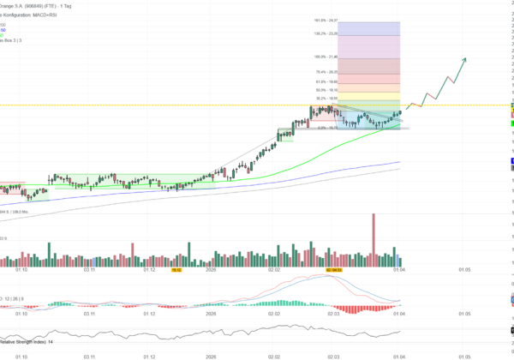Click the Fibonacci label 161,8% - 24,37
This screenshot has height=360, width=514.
[327, 21]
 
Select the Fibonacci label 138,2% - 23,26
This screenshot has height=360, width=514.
[327, 34]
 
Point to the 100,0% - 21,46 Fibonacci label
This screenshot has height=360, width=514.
[327, 57]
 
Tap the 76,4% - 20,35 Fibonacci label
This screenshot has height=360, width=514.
[327, 72]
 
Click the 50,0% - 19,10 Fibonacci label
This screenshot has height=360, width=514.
[327, 89]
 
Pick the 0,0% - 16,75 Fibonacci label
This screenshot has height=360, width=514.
[326, 128]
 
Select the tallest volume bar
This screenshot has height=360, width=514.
[374, 235]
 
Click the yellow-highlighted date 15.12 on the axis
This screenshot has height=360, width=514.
[176, 269]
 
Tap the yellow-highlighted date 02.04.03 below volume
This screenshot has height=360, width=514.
[335, 269]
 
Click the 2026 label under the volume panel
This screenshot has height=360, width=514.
[211, 269]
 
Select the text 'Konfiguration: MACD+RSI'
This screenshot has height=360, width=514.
[39, 15]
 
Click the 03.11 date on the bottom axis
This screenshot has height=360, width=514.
[88, 355]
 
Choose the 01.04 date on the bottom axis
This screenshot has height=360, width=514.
[398, 355]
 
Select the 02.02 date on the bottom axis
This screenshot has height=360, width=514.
[273, 355]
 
